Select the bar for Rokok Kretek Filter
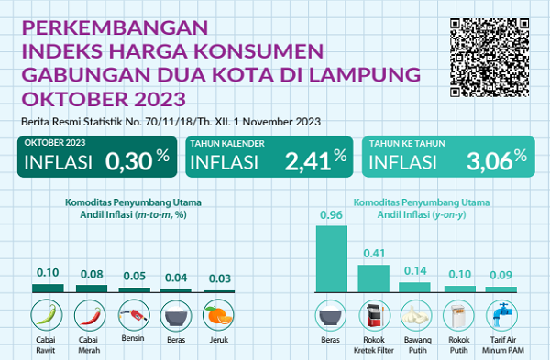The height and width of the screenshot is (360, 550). click(x=374, y=278)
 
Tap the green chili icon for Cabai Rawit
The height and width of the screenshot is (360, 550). click(x=48, y=315)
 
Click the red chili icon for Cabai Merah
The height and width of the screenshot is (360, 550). click(x=91, y=315)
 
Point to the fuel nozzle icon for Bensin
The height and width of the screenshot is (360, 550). click(x=133, y=315)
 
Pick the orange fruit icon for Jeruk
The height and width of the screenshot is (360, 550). click(x=218, y=315)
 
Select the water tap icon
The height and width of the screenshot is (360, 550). click(x=501, y=315)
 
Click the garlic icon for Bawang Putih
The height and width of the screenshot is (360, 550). click(x=416, y=315)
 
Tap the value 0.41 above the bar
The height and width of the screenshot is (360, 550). click(x=373, y=254)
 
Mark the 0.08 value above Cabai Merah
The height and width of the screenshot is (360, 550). click(x=90, y=273)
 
